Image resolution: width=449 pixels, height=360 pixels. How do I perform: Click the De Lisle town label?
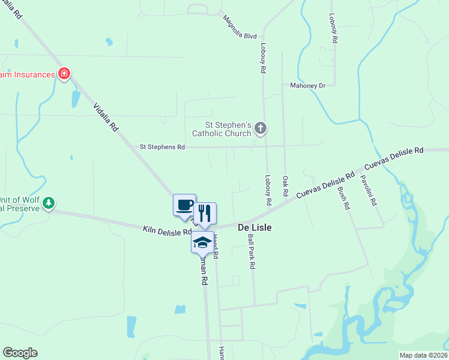255,227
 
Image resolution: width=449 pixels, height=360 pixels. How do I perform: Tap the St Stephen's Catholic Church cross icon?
261,127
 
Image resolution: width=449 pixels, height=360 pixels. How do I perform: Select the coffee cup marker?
185,205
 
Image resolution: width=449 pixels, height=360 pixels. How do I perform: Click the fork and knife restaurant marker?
205,213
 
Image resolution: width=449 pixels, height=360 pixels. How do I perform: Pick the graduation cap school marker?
202,242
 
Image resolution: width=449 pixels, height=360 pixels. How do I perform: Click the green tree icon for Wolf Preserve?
49,203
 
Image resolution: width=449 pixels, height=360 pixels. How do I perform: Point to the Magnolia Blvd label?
240,27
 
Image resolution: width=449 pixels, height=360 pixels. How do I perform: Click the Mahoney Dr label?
307,85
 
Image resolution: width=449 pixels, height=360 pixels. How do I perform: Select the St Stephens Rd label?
162,146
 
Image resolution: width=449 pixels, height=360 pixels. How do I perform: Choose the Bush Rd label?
343,197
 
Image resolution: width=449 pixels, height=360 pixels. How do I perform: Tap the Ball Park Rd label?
252,251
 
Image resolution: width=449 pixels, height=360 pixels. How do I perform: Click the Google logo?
20,353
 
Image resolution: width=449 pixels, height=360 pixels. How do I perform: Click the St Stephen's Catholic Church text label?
221,129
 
